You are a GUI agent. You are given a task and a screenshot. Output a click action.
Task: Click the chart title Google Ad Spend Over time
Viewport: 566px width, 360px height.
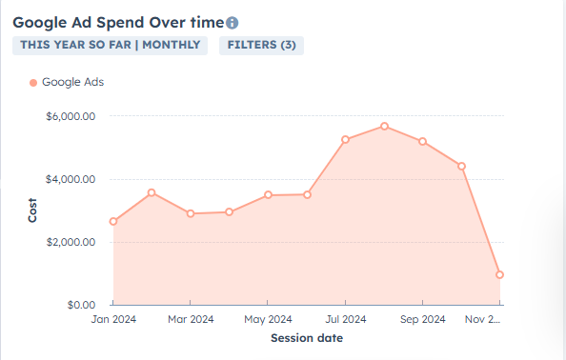click(118, 22)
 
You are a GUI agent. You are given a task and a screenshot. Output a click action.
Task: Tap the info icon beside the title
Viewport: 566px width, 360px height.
click(232, 23)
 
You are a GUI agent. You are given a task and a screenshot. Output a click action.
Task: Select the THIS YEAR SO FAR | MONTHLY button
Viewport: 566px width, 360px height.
click(110, 45)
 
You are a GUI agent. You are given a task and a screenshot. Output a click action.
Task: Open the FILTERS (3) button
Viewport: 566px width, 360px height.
click(261, 45)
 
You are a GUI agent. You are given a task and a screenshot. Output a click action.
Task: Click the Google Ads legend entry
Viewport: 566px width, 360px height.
click(67, 82)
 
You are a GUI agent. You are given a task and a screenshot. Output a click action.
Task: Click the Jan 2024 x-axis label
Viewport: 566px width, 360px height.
click(113, 319)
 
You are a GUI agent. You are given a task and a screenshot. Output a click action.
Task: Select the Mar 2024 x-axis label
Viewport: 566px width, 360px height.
click(191, 319)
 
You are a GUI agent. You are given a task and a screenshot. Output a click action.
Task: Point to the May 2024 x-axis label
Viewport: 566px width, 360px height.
click(268, 319)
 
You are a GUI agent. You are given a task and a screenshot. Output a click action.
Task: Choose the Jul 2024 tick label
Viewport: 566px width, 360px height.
click(345, 319)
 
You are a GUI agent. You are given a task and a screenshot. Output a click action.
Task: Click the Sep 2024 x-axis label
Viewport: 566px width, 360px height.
click(422, 319)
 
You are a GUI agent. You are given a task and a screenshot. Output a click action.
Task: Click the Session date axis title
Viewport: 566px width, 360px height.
click(306, 338)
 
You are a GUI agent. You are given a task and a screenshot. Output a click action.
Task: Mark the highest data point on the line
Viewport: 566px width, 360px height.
click(384, 126)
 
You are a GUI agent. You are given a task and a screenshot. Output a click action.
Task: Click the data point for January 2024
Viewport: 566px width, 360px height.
click(113, 222)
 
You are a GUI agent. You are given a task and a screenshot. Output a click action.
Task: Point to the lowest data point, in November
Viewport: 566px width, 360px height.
click(499, 275)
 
